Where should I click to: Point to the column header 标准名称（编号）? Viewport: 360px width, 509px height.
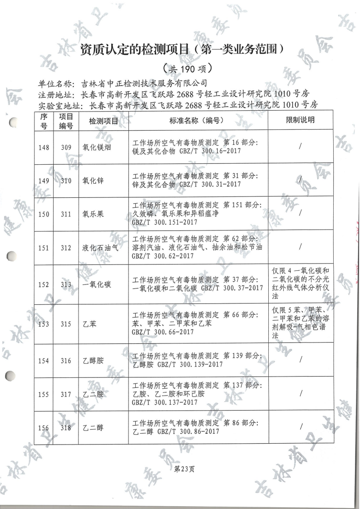pyautogui.click(x=198, y=121)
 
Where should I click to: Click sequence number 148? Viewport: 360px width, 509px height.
pyautogui.click(x=44, y=147)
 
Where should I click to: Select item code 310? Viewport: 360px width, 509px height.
pyautogui.click(x=66, y=181)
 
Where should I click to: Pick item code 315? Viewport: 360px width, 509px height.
pyautogui.click(x=66, y=324)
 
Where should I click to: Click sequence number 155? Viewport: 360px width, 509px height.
pyautogui.click(x=44, y=394)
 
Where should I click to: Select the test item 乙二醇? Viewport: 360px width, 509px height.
pyautogui.click(x=94, y=427)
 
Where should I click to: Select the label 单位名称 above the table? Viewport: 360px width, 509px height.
pyautogui.click(x=56, y=83)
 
